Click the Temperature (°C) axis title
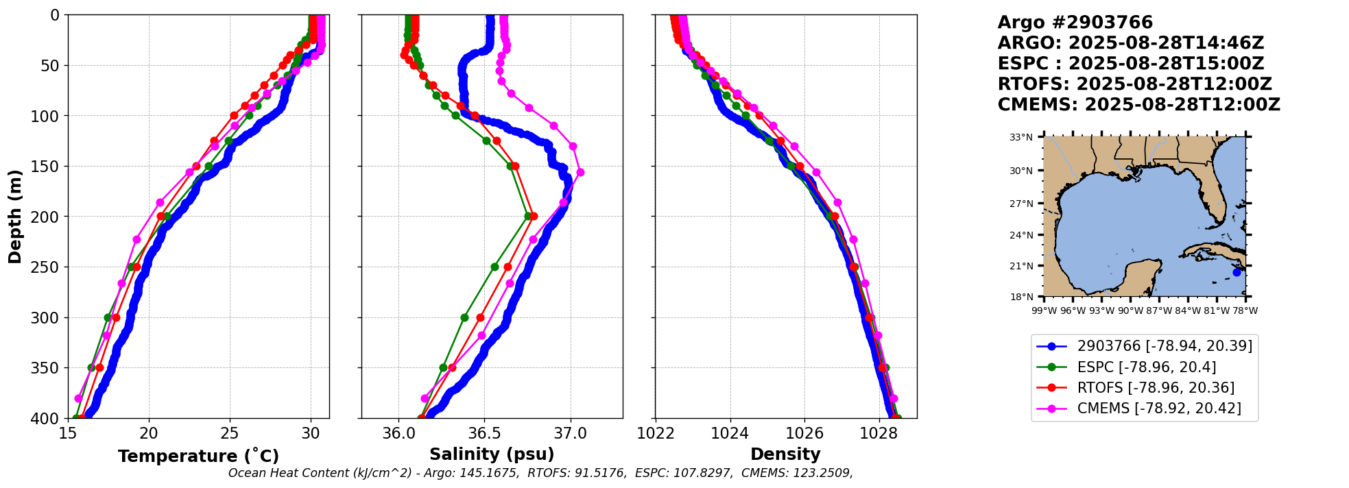pyautogui.click(x=198, y=456)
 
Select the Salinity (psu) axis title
pyautogui.click(x=492, y=454)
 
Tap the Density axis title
pyautogui.click(x=785, y=454)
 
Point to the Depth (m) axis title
pyautogui.click(x=15, y=217)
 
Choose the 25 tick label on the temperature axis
pyautogui.click(x=230, y=433)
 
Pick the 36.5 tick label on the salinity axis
pyautogui.click(x=484, y=433)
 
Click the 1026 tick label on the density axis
pyautogui.click(x=804, y=433)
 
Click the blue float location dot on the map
pyautogui.click(x=1237, y=272)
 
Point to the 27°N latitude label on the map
pyautogui.click(x=1020, y=204)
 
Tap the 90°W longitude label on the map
pyautogui.click(x=1130, y=310)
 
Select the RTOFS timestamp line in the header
pyautogui.click(x=1134, y=84)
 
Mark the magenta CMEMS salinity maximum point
pyautogui.click(x=580, y=172)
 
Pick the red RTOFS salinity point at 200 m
pyautogui.click(x=534, y=216)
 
